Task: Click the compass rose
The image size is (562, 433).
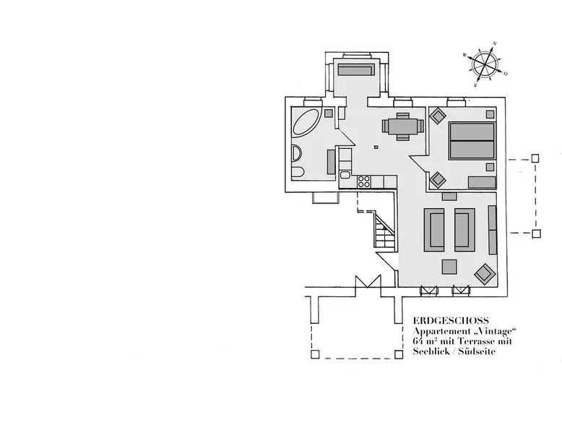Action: click(x=485, y=64)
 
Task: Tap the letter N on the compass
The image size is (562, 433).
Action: click(x=495, y=44)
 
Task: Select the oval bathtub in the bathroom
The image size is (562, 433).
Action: click(x=306, y=121)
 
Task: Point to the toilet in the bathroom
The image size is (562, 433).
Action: click(x=297, y=173)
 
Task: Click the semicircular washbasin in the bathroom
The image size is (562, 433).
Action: click(x=296, y=153)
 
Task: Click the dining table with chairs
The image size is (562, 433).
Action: click(x=403, y=127)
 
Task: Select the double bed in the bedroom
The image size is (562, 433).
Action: click(x=472, y=141)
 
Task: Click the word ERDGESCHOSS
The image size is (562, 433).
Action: click(x=451, y=321)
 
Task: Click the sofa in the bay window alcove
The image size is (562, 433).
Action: click(x=356, y=69)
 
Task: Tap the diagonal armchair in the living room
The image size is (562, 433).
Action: click(x=485, y=275)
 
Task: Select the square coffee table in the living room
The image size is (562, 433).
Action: click(x=449, y=267)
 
